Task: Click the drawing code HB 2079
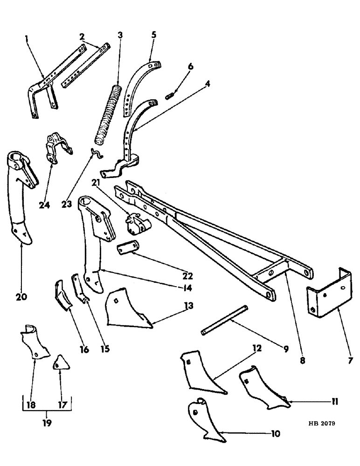322,425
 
